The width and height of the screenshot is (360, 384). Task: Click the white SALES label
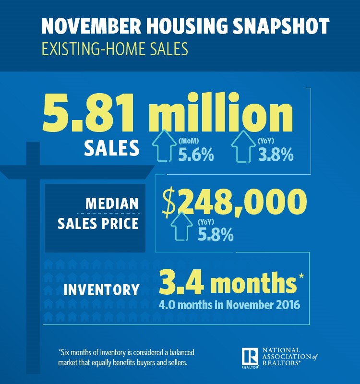(111, 148)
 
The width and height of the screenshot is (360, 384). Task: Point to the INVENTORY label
(101, 290)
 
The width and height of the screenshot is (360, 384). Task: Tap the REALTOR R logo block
(251, 357)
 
